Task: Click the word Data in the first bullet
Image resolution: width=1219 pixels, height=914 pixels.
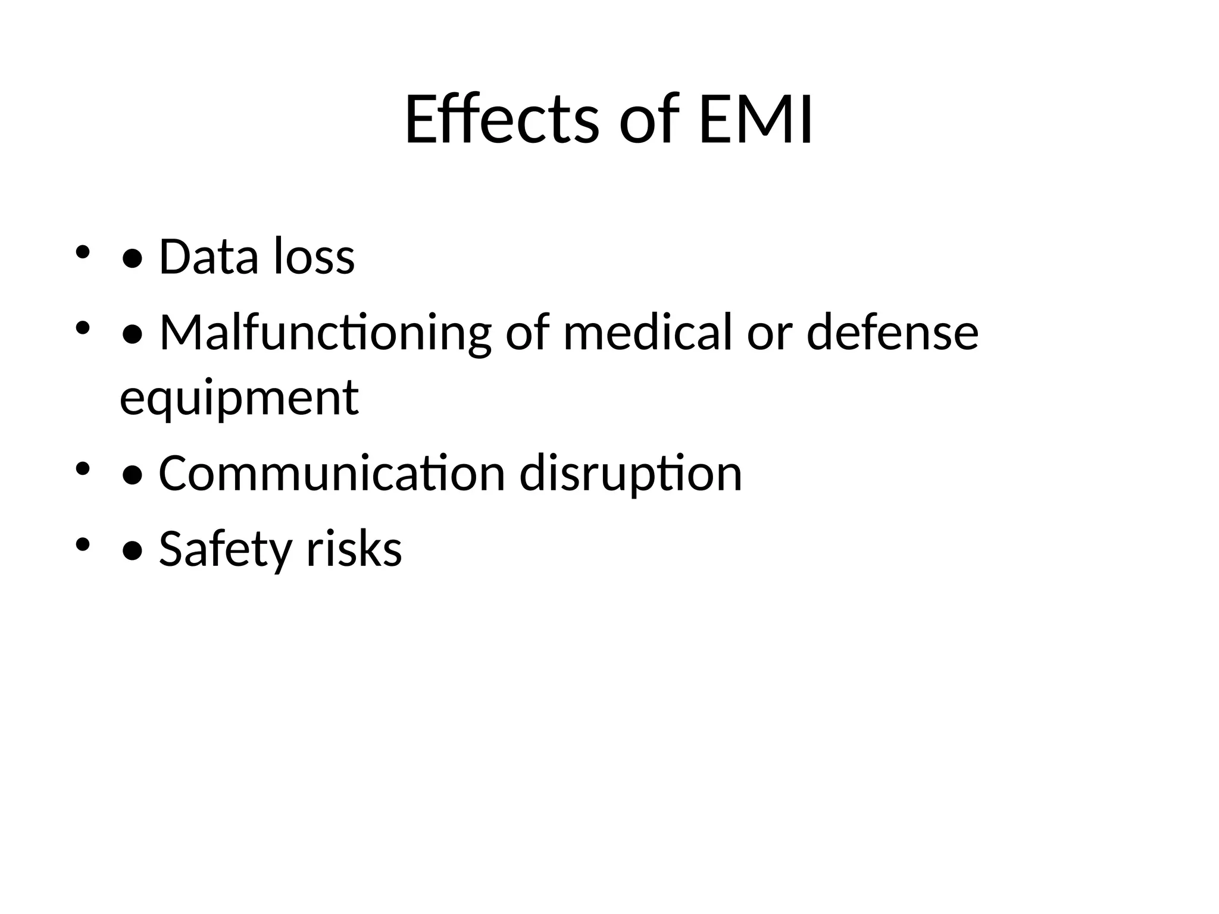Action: tap(208, 256)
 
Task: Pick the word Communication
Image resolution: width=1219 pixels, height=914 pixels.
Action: tap(332, 474)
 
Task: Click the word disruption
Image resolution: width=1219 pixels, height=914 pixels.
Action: tap(630, 474)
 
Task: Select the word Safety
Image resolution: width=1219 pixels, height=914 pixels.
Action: tap(225, 549)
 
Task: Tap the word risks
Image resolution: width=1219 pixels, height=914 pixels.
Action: tap(354, 549)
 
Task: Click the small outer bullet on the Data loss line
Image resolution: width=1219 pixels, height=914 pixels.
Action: tap(82, 252)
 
